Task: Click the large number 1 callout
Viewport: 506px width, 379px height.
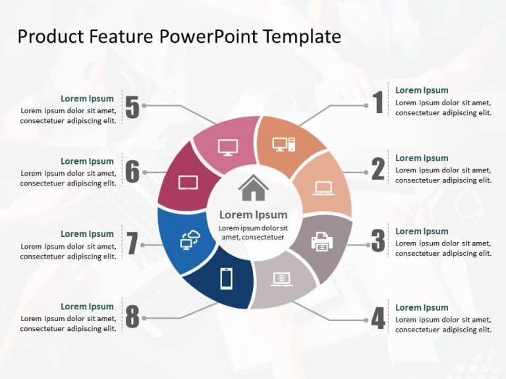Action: [378, 103]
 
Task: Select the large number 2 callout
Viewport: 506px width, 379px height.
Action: [378, 170]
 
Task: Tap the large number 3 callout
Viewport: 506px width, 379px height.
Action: [378, 241]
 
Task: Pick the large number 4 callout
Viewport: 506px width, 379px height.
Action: [378, 318]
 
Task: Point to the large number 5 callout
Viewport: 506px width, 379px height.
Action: [132, 107]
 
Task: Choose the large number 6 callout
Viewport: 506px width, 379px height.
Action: [132, 172]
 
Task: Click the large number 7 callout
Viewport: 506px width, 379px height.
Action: [132, 243]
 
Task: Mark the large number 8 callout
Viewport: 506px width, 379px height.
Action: [132, 318]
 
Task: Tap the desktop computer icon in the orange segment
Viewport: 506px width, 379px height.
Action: [284, 144]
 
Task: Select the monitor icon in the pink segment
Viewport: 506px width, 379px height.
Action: [228, 147]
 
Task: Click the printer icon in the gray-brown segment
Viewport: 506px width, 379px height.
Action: [322, 241]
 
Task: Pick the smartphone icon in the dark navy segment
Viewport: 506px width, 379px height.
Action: [226, 279]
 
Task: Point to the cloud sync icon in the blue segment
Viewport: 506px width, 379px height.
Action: [190, 240]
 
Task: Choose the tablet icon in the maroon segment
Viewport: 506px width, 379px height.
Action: [188, 182]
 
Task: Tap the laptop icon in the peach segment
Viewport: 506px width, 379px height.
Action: [323, 188]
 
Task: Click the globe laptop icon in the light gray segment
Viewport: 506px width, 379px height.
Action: [282, 279]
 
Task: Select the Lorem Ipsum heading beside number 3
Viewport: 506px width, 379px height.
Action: [422, 231]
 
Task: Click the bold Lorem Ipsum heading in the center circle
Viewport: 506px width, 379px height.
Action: [253, 215]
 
